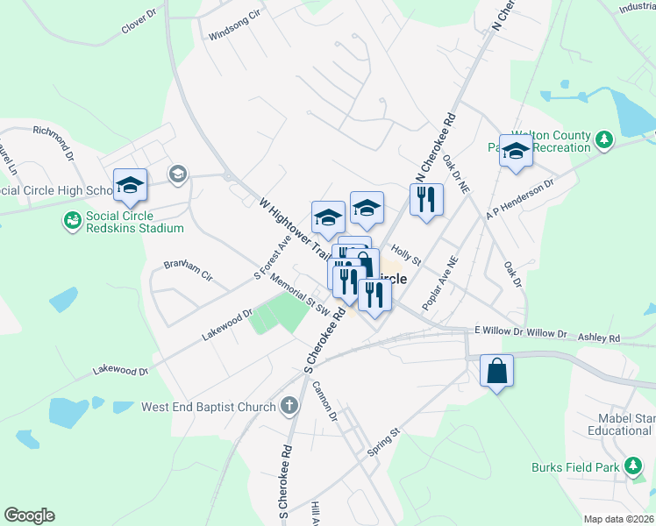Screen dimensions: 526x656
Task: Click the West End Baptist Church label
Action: point(209,407)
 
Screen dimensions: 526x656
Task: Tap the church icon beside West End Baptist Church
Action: point(290,406)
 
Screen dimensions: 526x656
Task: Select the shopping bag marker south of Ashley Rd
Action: point(496,371)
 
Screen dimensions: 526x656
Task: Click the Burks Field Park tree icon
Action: point(633,467)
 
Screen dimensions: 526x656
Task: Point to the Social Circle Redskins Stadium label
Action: point(134,222)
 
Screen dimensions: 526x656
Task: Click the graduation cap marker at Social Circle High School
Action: point(130,185)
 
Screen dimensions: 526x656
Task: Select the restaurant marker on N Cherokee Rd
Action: point(426,200)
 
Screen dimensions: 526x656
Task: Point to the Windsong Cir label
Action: point(235,26)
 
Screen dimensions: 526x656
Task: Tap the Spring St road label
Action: point(383,442)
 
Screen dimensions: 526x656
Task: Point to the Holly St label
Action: point(407,255)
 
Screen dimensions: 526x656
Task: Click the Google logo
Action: point(30,515)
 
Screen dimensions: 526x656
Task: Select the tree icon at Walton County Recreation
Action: point(603,140)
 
